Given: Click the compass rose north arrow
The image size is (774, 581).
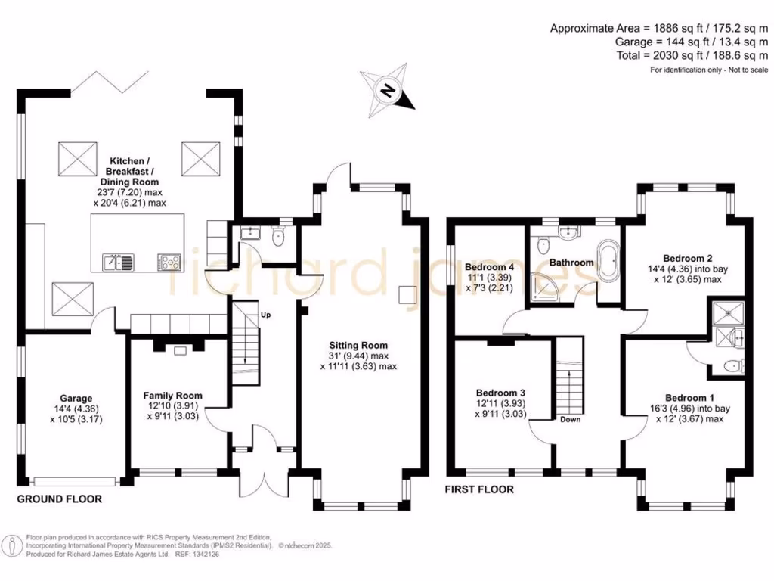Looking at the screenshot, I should (389, 92).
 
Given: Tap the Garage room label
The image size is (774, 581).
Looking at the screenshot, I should (76, 399).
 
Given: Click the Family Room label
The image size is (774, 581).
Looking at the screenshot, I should (173, 395).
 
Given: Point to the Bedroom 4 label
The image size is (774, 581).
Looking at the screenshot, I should (490, 268).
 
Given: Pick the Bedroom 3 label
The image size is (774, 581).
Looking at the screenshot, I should (500, 393).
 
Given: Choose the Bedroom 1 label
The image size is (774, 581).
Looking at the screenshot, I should (689, 398).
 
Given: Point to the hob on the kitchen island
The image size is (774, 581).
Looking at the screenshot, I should (169, 263).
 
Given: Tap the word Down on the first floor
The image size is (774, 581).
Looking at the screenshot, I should (570, 419).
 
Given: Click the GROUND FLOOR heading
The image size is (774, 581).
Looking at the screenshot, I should (60, 499).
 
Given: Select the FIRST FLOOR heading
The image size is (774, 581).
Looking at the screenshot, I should (480, 489).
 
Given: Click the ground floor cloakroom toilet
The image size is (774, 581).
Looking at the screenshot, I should (278, 238).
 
